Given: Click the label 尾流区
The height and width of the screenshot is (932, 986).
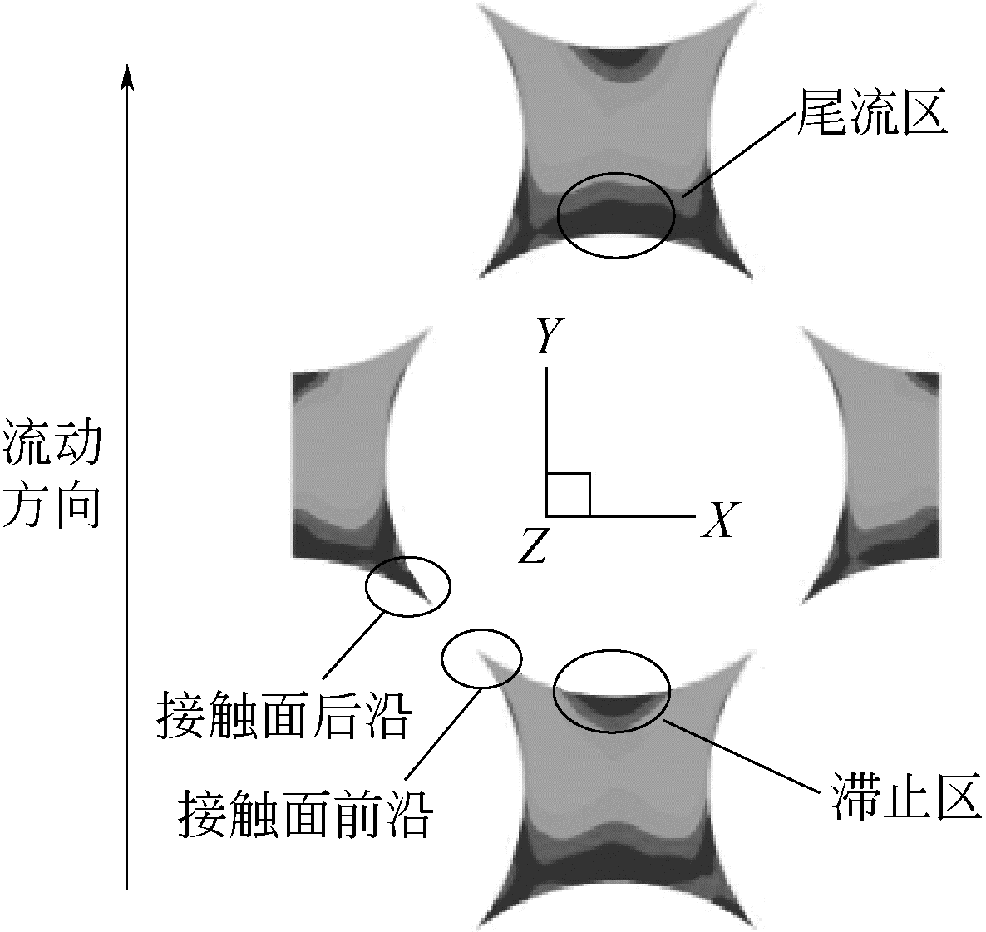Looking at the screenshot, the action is click(x=872, y=113).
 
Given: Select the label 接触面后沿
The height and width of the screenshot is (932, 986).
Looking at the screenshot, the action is click(x=283, y=716).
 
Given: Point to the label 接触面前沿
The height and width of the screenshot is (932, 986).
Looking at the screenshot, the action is click(x=305, y=814).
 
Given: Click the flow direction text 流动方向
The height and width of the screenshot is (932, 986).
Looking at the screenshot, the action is click(x=52, y=478).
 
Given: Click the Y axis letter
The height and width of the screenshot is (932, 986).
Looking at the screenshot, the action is click(x=549, y=336).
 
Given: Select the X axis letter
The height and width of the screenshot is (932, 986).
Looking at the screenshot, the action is click(x=720, y=520).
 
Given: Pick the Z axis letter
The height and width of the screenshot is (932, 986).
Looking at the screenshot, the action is click(x=533, y=545).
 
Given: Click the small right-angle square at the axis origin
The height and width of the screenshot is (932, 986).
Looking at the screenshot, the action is click(x=569, y=495).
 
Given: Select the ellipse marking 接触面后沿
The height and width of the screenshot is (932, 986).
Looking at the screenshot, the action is click(x=367, y=587).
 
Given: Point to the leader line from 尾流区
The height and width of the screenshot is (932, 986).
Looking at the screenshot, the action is click(x=740, y=153).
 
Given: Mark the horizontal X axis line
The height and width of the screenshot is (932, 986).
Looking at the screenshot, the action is click(x=621, y=516).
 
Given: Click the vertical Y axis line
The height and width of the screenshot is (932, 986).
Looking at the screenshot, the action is click(x=547, y=441).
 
